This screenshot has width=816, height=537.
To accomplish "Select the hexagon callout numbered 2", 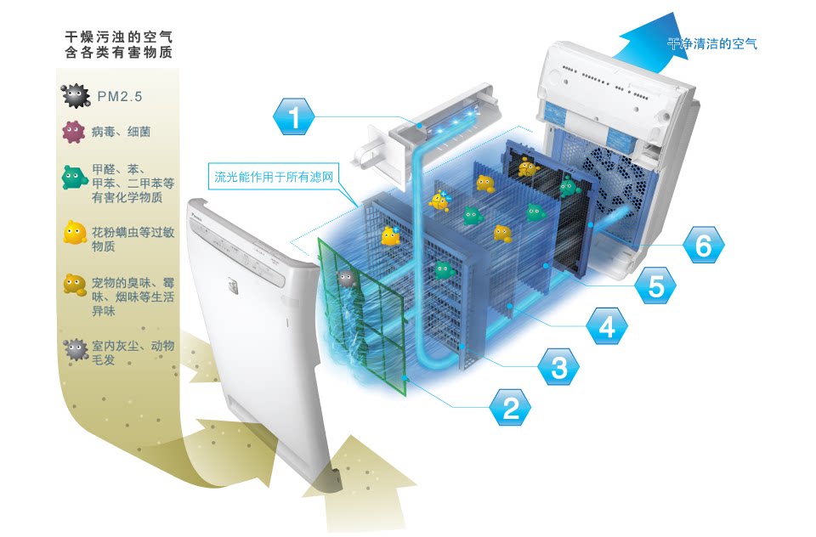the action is point(510,409).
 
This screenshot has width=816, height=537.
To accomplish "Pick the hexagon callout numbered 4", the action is point(606,325).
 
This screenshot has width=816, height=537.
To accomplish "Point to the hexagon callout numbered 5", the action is point(655,286).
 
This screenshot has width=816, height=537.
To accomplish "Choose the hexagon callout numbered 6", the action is point(703,246).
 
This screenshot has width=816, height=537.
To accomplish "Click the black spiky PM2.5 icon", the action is point(76,95).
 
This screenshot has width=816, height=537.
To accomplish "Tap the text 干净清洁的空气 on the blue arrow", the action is point(711,43).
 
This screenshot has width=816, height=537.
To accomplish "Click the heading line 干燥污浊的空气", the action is point(118,37).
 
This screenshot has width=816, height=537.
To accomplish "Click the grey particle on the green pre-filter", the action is point(345,277).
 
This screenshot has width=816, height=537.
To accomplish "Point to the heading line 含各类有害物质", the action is point(118,53).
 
